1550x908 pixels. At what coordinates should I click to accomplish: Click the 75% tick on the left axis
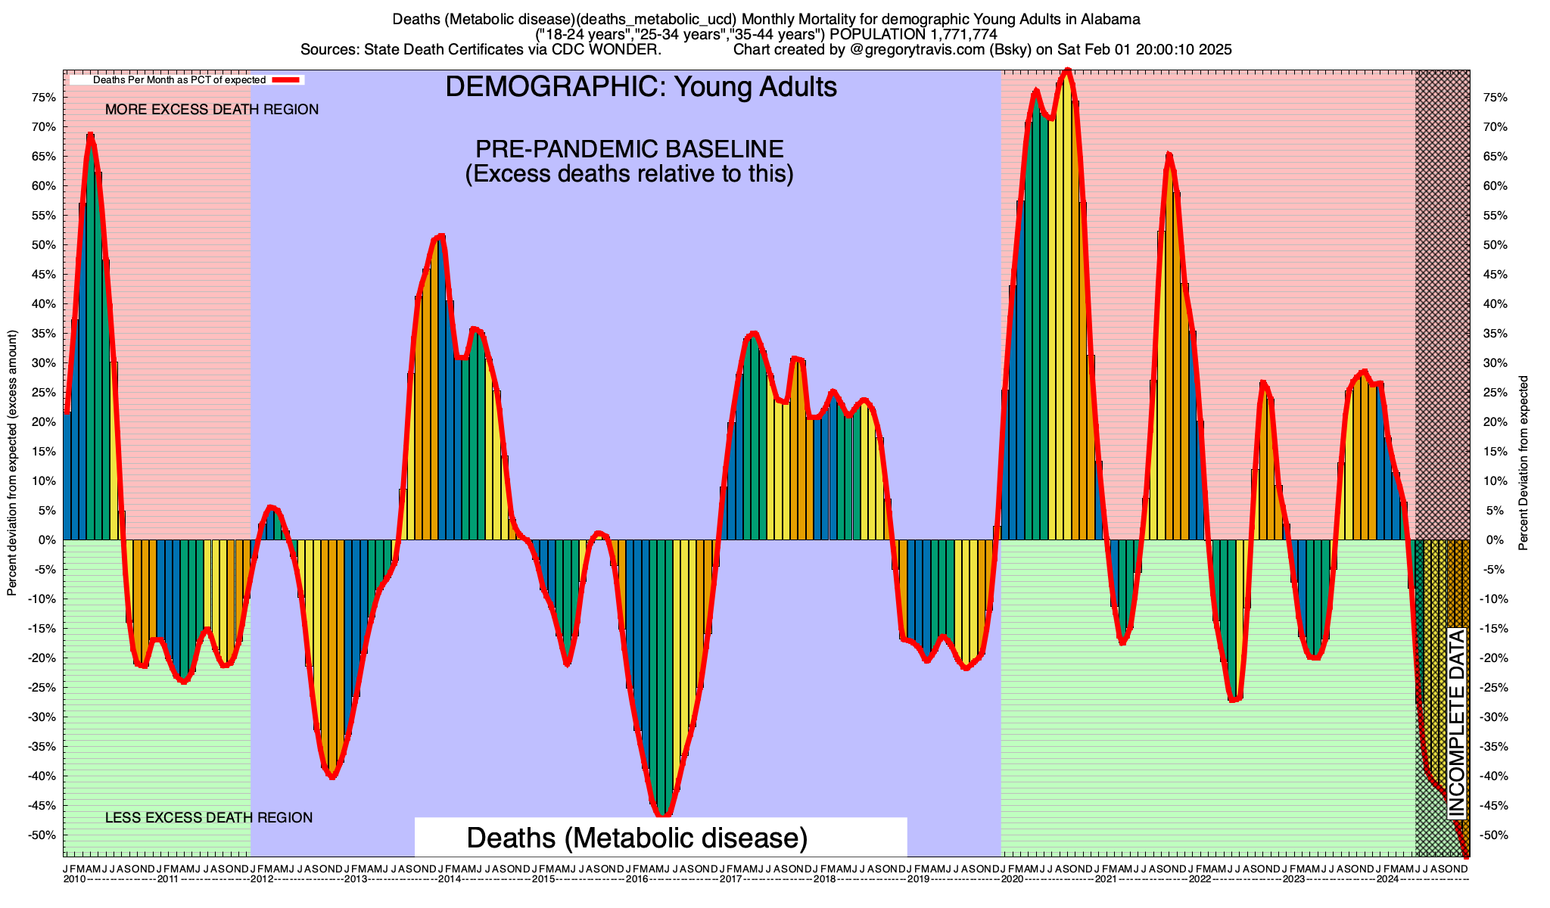[x=44, y=98]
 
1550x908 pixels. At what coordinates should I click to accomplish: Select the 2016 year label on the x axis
[x=636, y=879]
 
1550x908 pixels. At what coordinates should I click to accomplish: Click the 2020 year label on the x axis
[x=1012, y=879]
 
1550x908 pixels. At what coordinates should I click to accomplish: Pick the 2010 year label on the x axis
[x=74, y=879]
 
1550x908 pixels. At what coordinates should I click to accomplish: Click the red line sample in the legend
[x=288, y=79]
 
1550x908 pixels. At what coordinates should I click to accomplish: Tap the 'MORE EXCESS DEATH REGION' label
[x=212, y=110]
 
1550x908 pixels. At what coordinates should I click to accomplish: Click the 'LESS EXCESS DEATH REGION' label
[x=208, y=818]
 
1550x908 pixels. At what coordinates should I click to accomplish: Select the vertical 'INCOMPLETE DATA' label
[x=1457, y=723]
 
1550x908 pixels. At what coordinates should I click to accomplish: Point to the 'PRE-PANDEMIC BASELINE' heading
[x=629, y=149]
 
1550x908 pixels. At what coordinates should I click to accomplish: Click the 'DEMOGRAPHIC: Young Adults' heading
[x=641, y=87]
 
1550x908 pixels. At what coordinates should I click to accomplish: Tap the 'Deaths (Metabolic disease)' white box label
[x=637, y=838]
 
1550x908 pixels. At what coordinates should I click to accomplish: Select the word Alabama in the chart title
[x=1111, y=19]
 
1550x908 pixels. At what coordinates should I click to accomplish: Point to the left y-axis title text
[x=12, y=462]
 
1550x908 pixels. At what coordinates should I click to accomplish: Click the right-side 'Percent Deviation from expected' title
[x=1523, y=462]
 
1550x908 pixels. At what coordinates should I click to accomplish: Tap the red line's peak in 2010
[x=91, y=135]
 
